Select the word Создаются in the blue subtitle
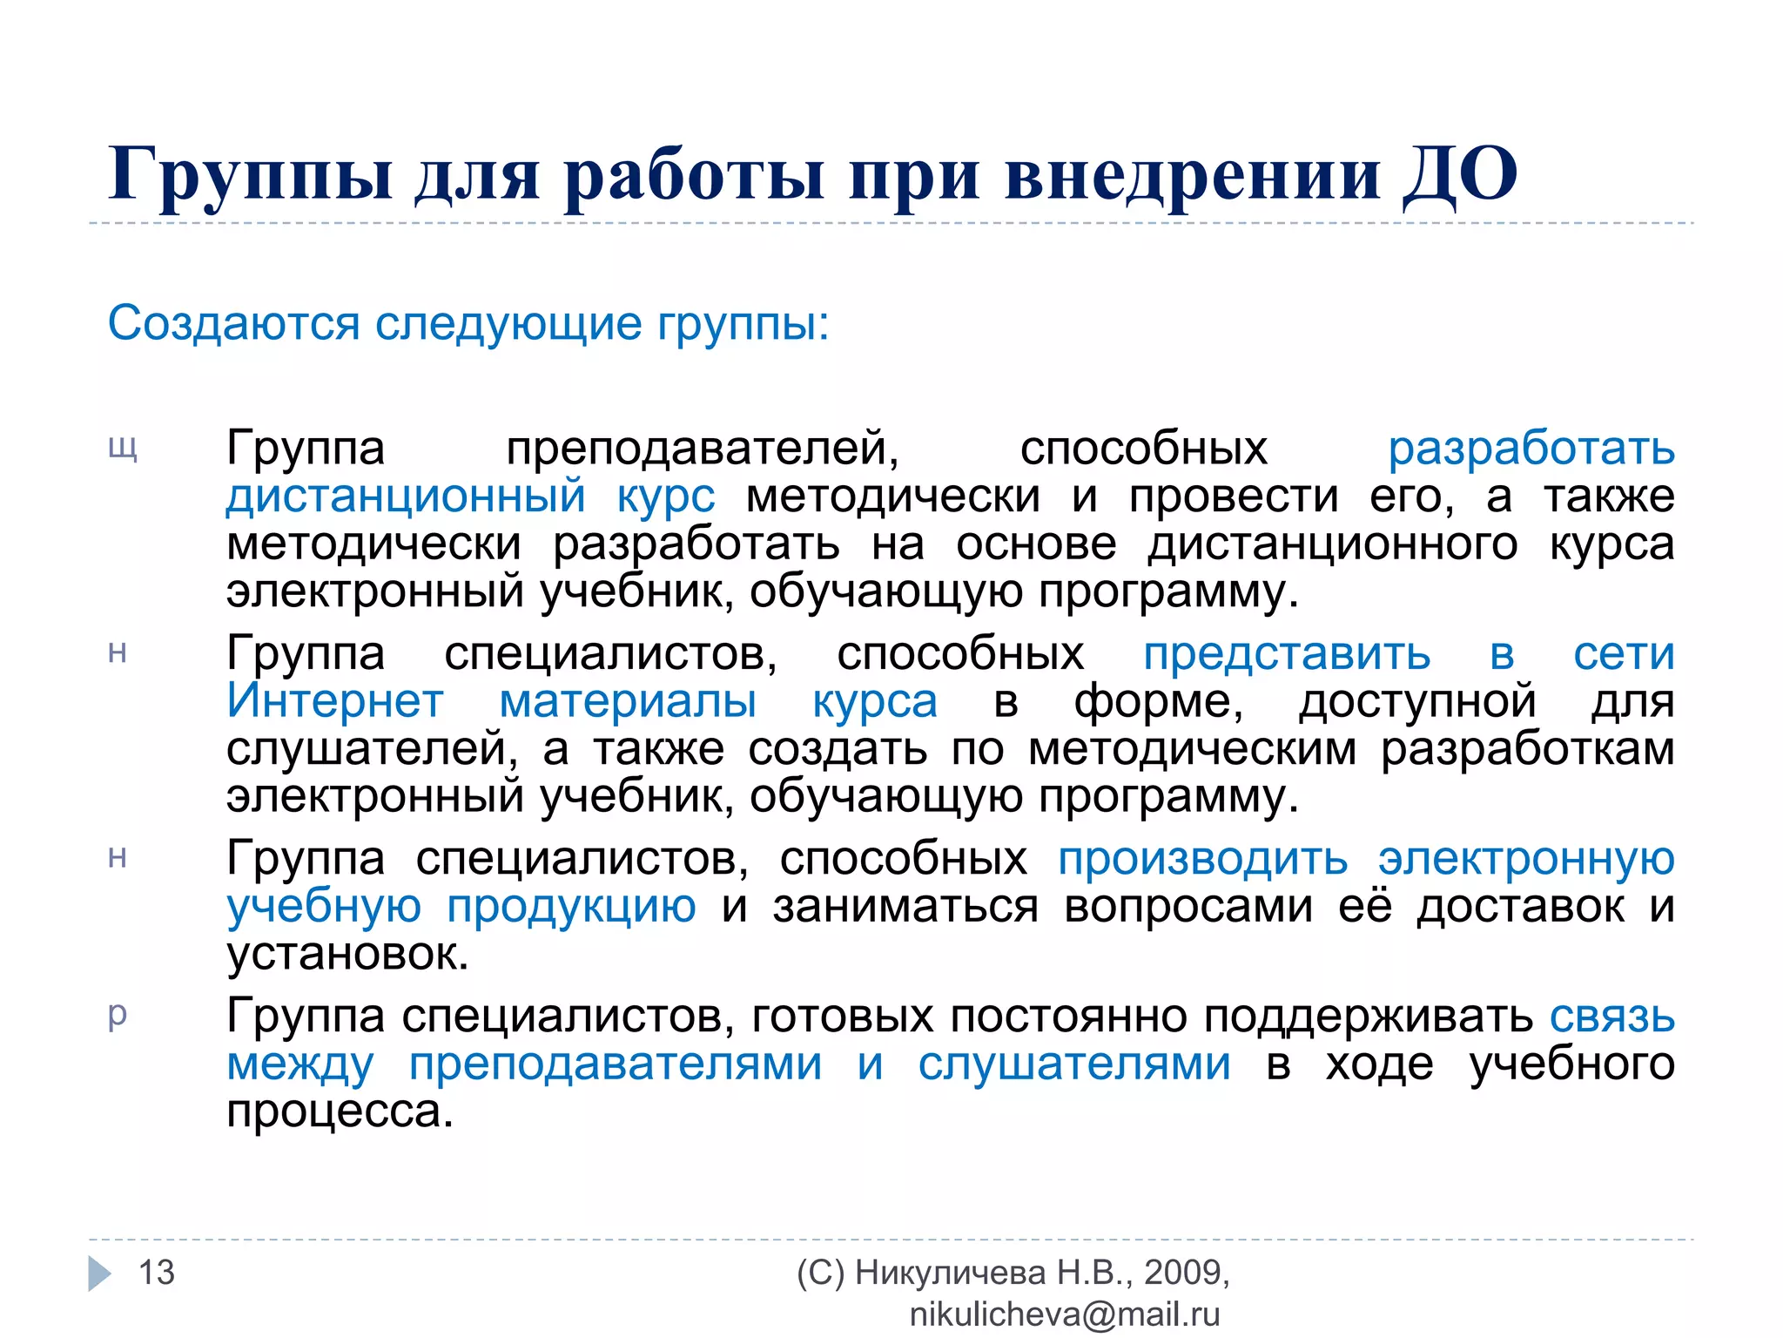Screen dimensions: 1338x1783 [233, 323]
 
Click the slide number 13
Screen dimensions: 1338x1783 [157, 1273]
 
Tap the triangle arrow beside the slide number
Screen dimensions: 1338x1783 [100, 1274]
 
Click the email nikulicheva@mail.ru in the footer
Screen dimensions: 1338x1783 [1065, 1314]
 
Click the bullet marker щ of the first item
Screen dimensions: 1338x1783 [123, 449]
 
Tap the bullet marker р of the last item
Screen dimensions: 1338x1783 [118, 1014]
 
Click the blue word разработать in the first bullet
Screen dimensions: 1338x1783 [1531, 449]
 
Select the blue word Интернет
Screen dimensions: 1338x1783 [335, 701]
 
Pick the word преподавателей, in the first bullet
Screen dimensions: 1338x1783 [703, 449]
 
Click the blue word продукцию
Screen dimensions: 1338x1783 [571, 907]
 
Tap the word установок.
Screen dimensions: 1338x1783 [347, 955]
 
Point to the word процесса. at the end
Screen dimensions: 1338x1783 [340, 1112]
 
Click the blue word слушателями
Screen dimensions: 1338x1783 [1074, 1064]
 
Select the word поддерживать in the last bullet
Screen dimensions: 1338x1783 [1369, 1017]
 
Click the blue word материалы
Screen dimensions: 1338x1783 [628, 701]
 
